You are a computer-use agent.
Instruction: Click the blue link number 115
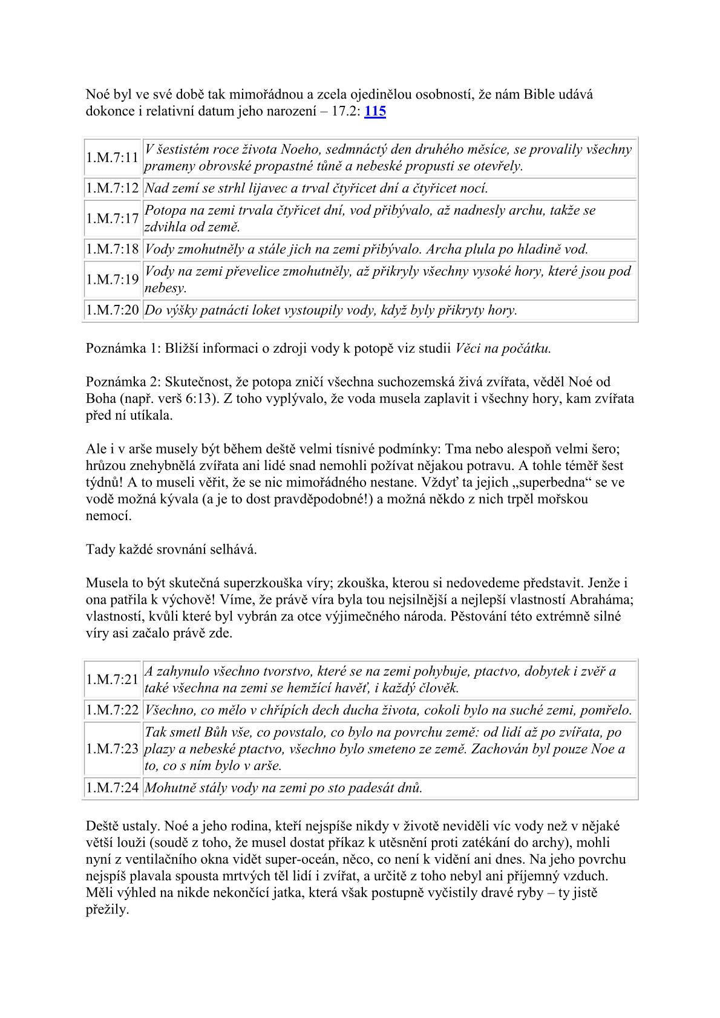click(x=375, y=111)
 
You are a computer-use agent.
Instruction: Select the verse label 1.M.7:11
click(x=113, y=158)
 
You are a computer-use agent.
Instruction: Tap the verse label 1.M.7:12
click(x=113, y=189)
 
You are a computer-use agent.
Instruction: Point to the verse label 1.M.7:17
click(x=113, y=219)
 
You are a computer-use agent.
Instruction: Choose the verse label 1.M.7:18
click(x=113, y=249)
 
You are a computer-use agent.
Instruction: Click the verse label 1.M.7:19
click(x=113, y=279)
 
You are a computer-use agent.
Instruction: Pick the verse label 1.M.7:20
click(x=113, y=310)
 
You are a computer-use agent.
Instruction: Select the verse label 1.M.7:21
click(x=113, y=679)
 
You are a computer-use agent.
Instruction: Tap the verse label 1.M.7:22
click(x=113, y=710)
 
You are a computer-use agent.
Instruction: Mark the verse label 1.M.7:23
click(x=113, y=749)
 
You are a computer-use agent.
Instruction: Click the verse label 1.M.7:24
click(x=113, y=788)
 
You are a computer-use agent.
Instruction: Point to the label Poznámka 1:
click(x=123, y=348)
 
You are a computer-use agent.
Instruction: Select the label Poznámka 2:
click(x=123, y=382)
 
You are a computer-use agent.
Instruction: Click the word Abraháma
click(x=601, y=600)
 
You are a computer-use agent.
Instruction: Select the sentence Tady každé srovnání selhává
click(x=171, y=550)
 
